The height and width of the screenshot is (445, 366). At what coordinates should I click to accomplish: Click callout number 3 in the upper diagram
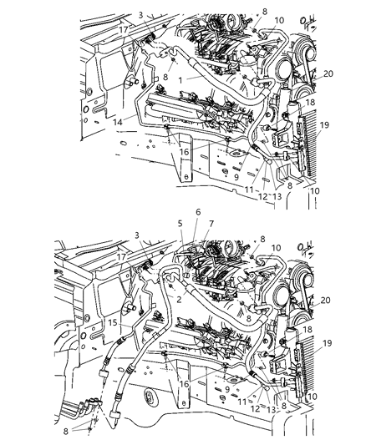[x=141, y=14]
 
